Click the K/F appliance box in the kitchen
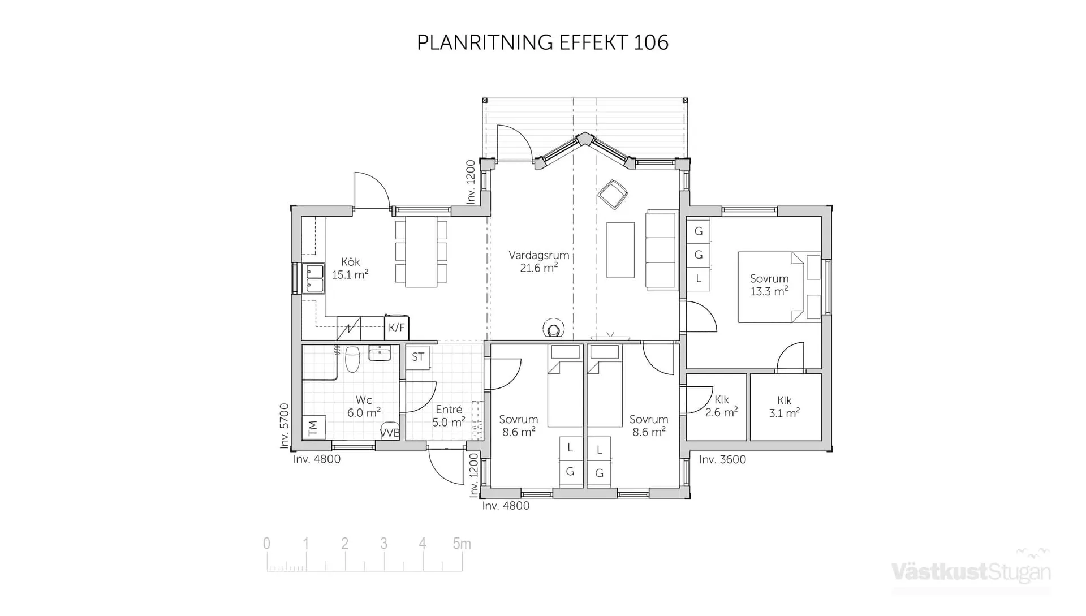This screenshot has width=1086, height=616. (x=397, y=328)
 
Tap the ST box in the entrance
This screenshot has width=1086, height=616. (x=418, y=357)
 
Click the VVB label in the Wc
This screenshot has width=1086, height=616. (x=390, y=433)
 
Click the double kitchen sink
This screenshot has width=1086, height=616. (x=314, y=278)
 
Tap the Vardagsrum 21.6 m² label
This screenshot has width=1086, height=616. (x=538, y=261)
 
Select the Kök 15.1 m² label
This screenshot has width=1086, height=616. (x=350, y=269)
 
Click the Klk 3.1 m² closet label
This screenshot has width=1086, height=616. (x=784, y=407)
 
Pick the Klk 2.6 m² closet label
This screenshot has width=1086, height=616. (x=721, y=406)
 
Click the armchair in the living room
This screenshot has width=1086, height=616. (x=613, y=194)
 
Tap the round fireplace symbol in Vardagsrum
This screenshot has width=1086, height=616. (x=553, y=329)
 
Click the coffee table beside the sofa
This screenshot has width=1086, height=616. (x=620, y=250)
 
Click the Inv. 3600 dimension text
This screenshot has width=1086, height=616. (x=722, y=460)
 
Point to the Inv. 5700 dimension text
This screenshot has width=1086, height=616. (x=285, y=425)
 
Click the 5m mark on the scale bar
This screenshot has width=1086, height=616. (x=462, y=544)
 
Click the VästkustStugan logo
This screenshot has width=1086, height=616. (x=971, y=572)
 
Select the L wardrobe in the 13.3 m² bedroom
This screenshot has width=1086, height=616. (x=699, y=278)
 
